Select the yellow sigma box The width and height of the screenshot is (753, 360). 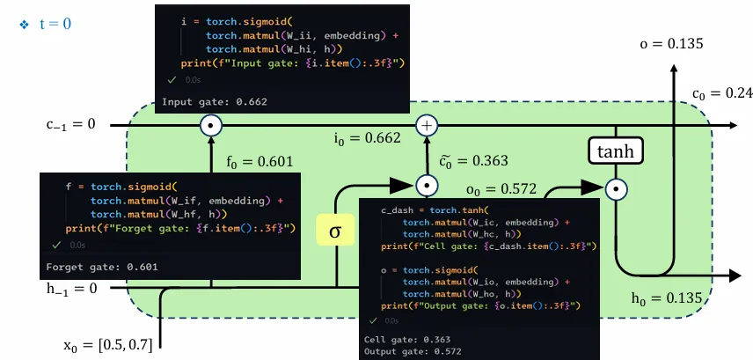(334, 231)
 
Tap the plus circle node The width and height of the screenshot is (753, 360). (427, 126)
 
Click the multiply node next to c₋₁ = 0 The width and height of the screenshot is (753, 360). (210, 126)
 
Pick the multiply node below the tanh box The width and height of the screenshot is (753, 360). (616, 187)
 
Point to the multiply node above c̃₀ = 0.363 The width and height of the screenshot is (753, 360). (427, 186)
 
